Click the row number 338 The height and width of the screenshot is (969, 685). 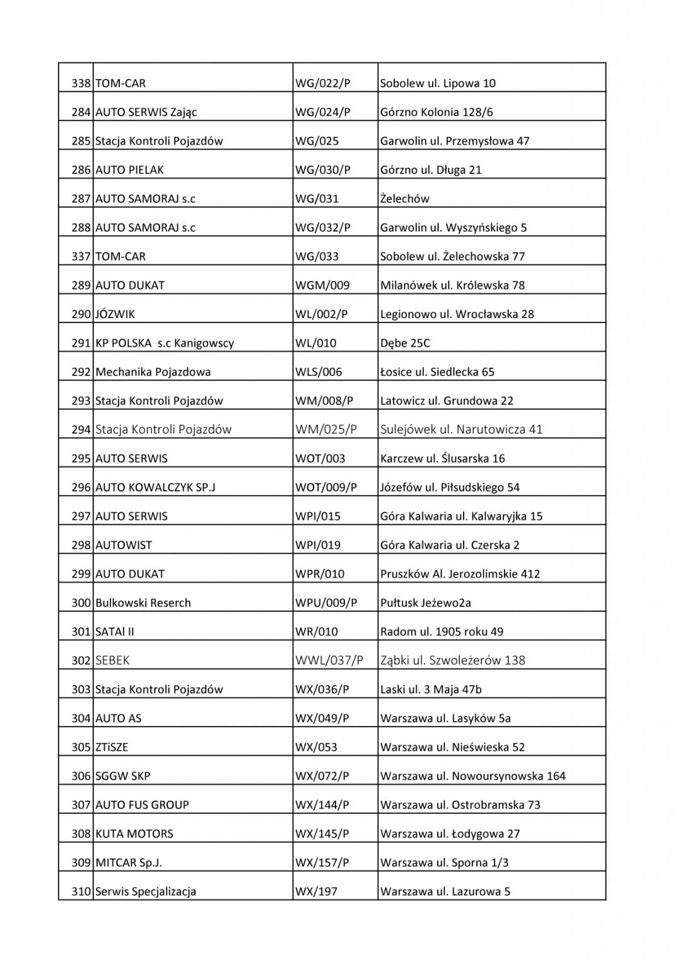tap(81, 83)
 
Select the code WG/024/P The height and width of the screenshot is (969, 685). tap(322, 112)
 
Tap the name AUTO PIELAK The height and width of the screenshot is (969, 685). tap(129, 170)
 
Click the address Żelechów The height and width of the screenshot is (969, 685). tap(404, 199)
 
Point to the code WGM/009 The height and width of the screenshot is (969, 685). tap(322, 285)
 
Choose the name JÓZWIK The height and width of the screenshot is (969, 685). tap(115, 314)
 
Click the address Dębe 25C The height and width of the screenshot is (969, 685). tap(405, 343)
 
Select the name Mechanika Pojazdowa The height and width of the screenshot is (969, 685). tap(153, 372)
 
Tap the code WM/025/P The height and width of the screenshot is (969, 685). tap(326, 430)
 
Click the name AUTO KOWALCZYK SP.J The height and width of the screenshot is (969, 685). tap(155, 487)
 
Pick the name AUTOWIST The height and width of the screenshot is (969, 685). tap(124, 545)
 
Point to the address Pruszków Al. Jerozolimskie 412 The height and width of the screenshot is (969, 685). tap(460, 574)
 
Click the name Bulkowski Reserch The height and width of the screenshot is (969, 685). tap(143, 602)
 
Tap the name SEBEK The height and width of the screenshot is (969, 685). tap(112, 661)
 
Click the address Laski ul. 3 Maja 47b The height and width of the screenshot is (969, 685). tap(431, 690)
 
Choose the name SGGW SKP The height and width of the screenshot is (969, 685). tap(122, 776)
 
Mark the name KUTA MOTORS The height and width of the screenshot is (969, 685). tap(134, 833)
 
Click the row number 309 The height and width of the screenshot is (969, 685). tap(81, 862)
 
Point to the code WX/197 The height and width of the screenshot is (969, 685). tap(316, 891)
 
